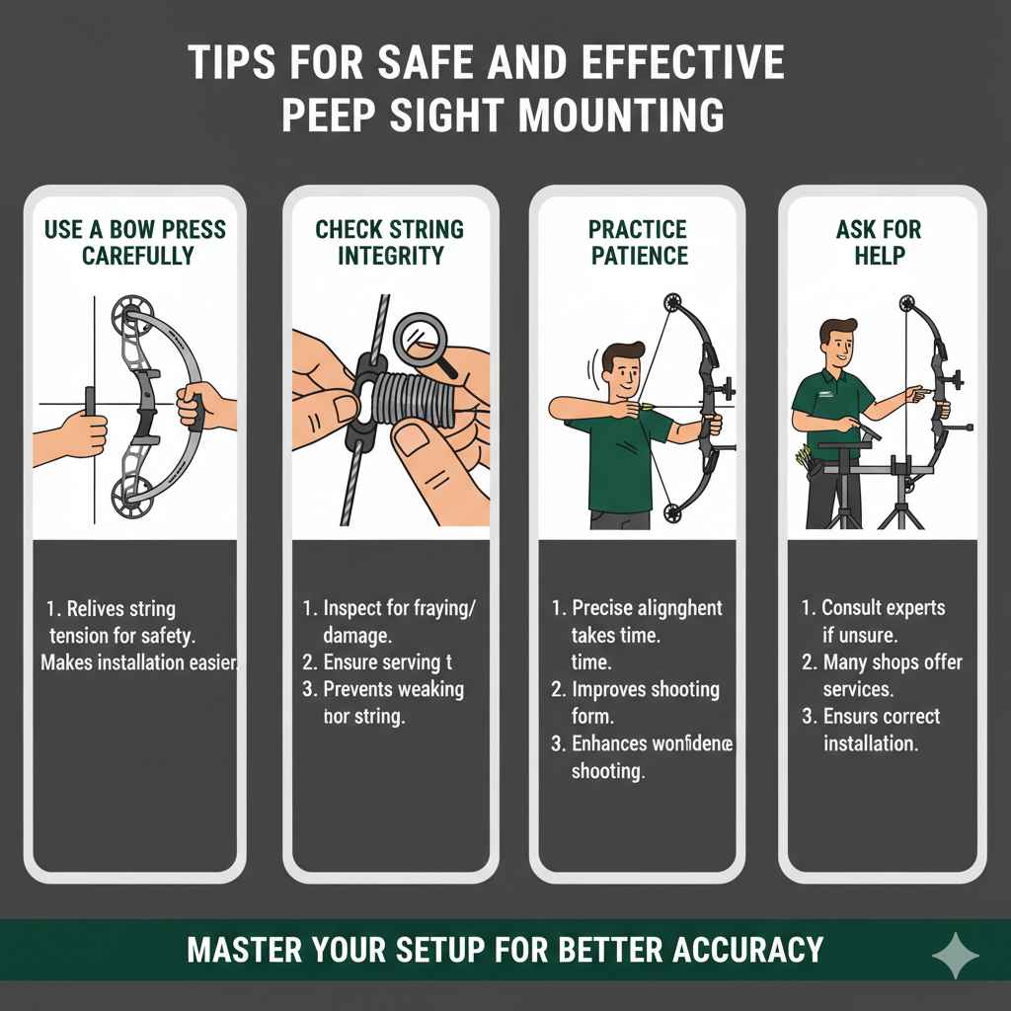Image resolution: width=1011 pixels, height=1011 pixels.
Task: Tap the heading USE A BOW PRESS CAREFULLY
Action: click(x=135, y=243)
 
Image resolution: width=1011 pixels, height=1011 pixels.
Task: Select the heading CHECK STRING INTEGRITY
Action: click(x=389, y=243)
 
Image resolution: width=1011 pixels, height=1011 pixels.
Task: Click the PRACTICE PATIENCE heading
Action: click(x=638, y=243)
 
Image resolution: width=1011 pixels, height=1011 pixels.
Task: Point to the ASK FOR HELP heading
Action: click(x=878, y=243)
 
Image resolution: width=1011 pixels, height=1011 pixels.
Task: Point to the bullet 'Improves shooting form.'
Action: click(x=637, y=702)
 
